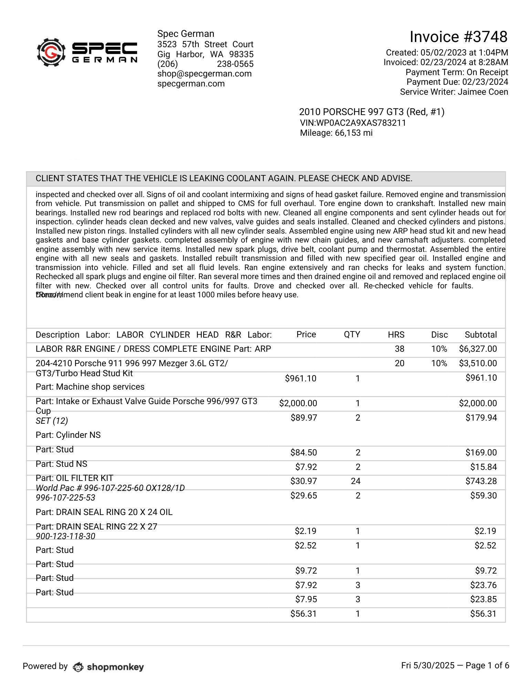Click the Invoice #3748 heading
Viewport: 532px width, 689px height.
click(x=458, y=37)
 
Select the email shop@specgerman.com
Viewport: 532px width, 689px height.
click(x=204, y=74)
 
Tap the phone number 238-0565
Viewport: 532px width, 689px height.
click(x=235, y=64)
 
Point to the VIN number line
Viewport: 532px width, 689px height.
click(x=353, y=123)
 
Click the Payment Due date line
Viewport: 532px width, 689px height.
click(x=457, y=82)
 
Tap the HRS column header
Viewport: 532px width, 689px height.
click(x=396, y=335)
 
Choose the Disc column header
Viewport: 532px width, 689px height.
click(x=439, y=335)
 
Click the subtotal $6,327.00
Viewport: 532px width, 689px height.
click(x=478, y=349)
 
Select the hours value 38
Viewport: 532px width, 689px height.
click(x=399, y=349)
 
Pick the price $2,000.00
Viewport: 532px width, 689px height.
click(x=298, y=403)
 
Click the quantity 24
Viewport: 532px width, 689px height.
click(x=355, y=481)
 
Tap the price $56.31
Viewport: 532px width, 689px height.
click(x=303, y=614)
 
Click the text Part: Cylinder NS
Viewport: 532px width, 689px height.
click(x=68, y=435)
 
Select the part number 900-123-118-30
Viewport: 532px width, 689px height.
click(x=65, y=536)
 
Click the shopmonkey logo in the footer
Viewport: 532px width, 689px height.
click(x=108, y=667)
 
